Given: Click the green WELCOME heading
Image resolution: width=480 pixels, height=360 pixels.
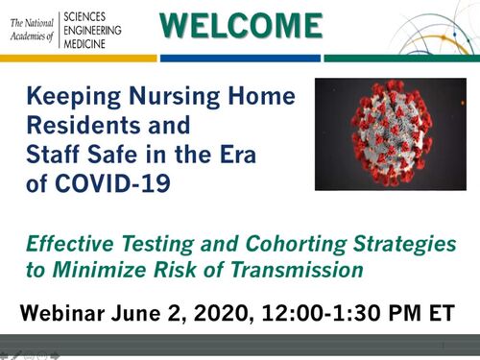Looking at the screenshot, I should click(239, 25).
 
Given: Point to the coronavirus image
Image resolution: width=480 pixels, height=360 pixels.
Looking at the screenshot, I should click(390, 134).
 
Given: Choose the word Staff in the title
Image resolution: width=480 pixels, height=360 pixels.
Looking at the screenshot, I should click(57, 153).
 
